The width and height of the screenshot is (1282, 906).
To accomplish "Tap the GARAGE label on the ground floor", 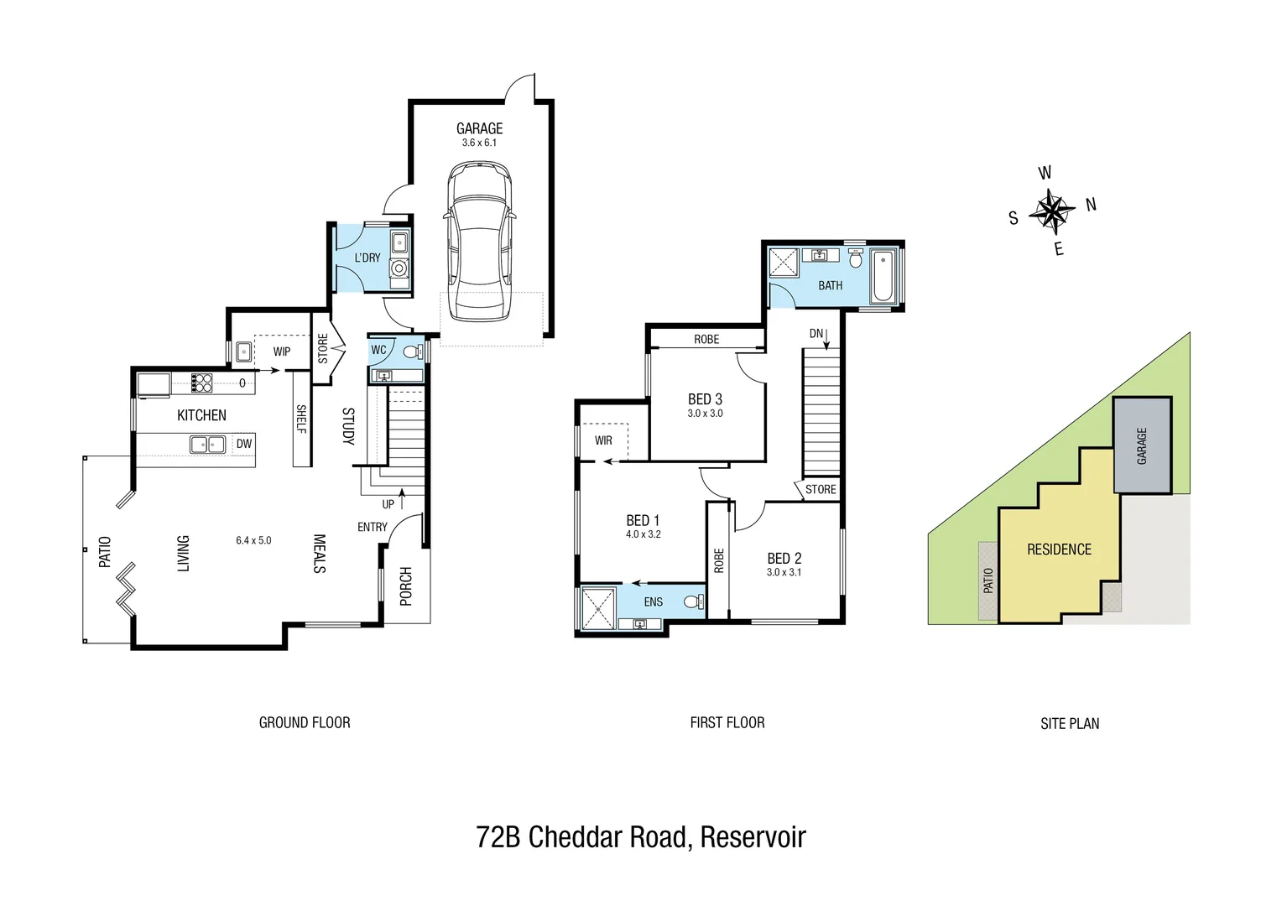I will pyautogui.click(x=479, y=128).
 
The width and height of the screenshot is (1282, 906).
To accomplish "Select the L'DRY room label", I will pyautogui.click(x=367, y=258).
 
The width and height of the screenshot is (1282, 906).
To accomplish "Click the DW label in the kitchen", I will pyautogui.click(x=243, y=444).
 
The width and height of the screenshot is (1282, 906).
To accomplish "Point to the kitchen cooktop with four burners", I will pyautogui.click(x=201, y=383).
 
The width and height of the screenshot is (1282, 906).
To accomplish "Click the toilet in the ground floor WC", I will pyautogui.click(x=413, y=351).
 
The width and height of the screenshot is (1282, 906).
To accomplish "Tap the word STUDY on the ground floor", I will pyautogui.click(x=348, y=426).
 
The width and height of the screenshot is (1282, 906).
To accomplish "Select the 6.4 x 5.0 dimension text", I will pyautogui.click(x=253, y=540).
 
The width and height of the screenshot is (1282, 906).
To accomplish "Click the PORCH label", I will pyautogui.click(x=406, y=586).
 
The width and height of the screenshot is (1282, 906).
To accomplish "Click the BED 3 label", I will pyautogui.click(x=705, y=399).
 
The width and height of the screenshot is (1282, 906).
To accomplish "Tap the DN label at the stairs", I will pyautogui.click(x=816, y=334).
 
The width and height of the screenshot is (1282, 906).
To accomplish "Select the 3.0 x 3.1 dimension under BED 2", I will pyautogui.click(x=784, y=572).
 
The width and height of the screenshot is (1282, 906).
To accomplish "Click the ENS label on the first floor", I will pyautogui.click(x=654, y=601).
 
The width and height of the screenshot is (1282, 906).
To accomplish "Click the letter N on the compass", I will pyautogui.click(x=1091, y=205).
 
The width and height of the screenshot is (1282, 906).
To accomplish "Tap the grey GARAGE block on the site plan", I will pyautogui.click(x=1142, y=445).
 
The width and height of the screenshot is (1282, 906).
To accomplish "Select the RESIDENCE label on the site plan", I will pyautogui.click(x=1059, y=549).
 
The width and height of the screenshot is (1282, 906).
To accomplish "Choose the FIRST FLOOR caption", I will pyautogui.click(x=727, y=722).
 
